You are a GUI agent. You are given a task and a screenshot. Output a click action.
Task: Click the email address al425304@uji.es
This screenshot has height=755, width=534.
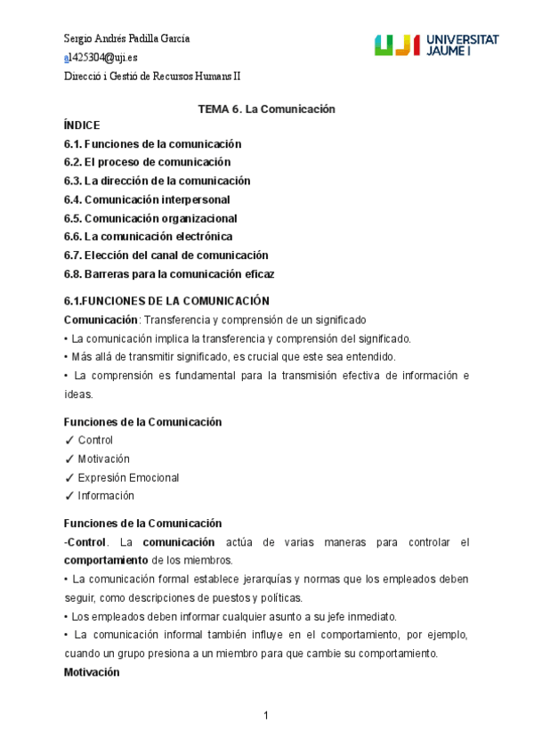(101, 58)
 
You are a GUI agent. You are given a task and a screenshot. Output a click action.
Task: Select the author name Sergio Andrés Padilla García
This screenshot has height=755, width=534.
(127, 39)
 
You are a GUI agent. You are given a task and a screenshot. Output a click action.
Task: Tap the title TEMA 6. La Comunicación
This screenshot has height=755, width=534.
(265, 109)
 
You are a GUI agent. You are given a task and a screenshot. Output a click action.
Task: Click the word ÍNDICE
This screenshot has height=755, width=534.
(82, 126)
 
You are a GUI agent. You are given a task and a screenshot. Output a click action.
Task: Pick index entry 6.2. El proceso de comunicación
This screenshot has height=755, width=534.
(147, 162)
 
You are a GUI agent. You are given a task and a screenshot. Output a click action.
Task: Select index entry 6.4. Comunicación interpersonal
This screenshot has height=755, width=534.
(147, 199)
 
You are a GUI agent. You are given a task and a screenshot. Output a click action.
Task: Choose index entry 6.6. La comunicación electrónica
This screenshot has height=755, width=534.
(148, 237)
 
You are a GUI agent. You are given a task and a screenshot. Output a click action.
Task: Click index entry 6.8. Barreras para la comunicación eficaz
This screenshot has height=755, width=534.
(169, 274)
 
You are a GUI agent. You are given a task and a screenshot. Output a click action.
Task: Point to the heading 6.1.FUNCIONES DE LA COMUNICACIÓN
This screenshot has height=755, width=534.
(166, 301)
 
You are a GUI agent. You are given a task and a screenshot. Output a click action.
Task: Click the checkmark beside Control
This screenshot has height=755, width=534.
(69, 441)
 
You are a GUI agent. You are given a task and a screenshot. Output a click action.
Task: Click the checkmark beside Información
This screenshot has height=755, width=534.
(69, 497)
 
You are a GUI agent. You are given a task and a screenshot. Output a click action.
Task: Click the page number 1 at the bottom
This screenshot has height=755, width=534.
(266, 716)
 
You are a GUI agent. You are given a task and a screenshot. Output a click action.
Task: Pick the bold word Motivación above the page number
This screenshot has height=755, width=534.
(97, 672)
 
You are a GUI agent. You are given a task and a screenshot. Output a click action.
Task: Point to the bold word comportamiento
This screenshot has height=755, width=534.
(105, 560)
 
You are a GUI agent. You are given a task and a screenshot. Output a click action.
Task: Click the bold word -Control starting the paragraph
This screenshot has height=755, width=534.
(85, 542)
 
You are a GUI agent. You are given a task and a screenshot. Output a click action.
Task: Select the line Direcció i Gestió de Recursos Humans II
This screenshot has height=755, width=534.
(152, 77)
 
